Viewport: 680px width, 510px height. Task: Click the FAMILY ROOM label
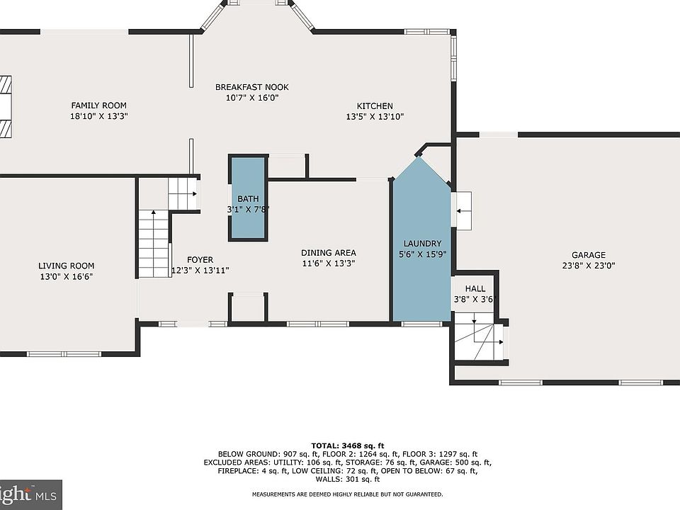click(99, 106)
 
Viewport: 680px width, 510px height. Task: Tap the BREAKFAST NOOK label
click(252, 87)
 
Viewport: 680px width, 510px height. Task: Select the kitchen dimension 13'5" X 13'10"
click(375, 117)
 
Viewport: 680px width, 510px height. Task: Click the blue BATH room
click(248, 198)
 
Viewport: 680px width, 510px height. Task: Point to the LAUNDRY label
click(422, 244)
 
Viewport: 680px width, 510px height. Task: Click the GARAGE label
click(589, 255)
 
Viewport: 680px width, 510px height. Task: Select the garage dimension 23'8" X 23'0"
click(589, 266)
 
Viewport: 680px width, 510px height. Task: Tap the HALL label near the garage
click(475, 289)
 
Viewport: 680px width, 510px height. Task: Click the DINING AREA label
click(329, 253)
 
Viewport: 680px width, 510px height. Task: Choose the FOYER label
click(200, 260)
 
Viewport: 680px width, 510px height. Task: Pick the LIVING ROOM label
click(67, 266)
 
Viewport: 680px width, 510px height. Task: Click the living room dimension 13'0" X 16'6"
click(67, 277)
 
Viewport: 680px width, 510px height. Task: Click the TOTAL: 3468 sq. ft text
click(348, 446)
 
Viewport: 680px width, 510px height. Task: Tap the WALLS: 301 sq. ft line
click(348, 480)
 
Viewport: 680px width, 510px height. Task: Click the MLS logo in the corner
click(30, 495)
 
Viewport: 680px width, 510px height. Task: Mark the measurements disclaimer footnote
click(348, 494)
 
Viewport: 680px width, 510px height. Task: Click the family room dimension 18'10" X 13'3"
click(99, 116)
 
